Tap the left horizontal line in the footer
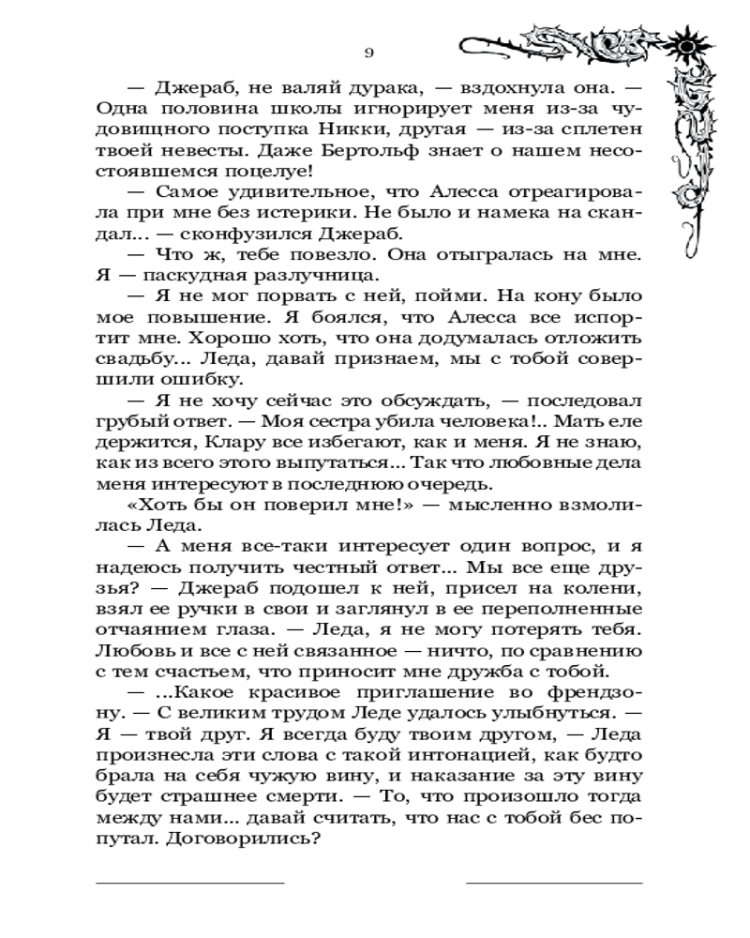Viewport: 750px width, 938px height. [x=189, y=883]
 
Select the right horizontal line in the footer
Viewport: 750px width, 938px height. [x=554, y=883]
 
